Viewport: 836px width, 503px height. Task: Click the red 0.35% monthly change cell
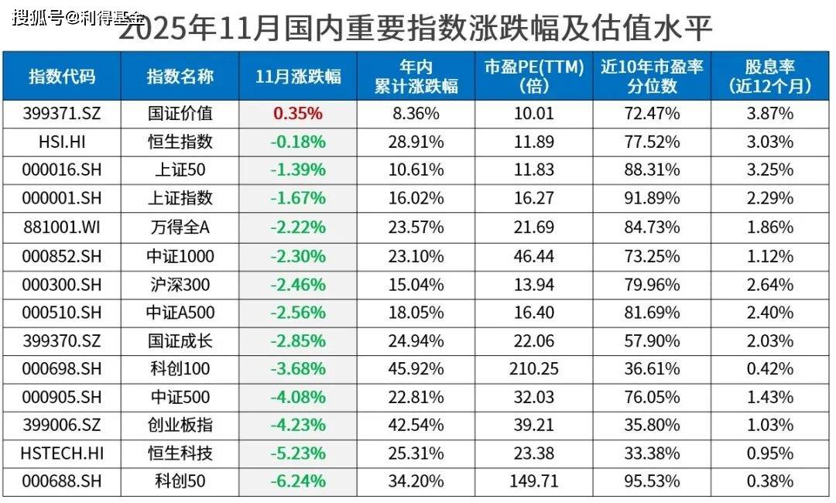point(298,114)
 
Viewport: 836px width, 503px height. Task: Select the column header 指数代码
point(62,76)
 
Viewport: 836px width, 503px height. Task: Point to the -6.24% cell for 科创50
point(298,481)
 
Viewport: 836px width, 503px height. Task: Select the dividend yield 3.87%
point(769,114)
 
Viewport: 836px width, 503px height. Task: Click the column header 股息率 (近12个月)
point(769,76)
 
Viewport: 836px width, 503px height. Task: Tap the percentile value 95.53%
point(652,481)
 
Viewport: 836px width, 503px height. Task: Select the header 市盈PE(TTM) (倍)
point(534,76)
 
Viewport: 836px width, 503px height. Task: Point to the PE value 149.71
point(534,481)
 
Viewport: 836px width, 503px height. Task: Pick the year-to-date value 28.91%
point(417,142)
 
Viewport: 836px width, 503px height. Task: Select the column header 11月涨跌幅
point(298,76)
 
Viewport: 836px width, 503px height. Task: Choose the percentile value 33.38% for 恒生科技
point(652,453)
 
